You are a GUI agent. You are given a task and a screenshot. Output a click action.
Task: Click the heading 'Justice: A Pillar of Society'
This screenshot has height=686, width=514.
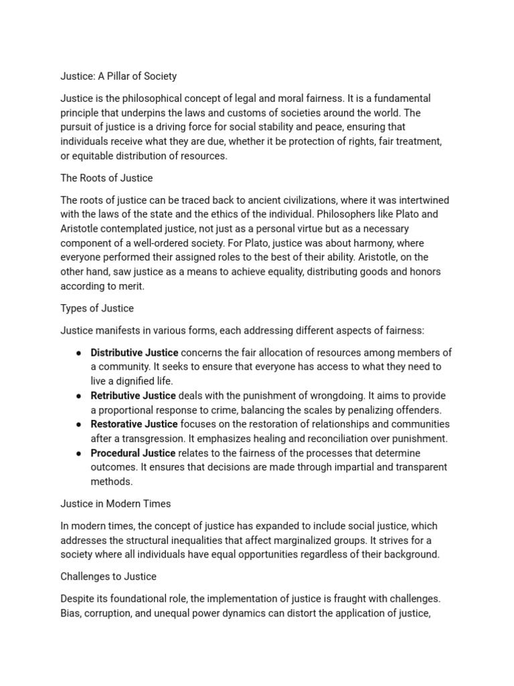(118, 76)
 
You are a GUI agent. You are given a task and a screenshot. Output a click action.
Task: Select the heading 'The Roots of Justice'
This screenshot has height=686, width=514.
(106, 178)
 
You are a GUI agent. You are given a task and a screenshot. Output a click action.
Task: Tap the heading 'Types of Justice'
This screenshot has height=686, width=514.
(97, 308)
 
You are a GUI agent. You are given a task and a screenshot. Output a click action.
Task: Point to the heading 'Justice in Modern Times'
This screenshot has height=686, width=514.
(115, 504)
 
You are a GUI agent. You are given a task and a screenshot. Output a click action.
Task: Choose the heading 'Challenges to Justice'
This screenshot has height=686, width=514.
(108, 576)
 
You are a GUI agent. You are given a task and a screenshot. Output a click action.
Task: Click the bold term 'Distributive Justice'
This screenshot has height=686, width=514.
(135, 352)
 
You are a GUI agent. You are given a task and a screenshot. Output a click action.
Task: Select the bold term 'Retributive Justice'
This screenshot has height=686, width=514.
(133, 395)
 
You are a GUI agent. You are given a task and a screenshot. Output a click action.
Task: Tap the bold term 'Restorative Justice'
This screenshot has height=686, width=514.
(134, 424)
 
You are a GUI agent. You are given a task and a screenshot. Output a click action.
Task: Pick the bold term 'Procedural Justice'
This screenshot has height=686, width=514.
(133, 453)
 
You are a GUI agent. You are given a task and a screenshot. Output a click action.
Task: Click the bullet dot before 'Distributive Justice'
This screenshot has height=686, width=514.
(79, 353)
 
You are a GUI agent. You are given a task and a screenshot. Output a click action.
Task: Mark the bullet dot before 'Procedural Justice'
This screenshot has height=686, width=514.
(79, 454)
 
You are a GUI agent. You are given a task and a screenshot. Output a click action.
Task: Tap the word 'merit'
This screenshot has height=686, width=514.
(130, 286)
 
